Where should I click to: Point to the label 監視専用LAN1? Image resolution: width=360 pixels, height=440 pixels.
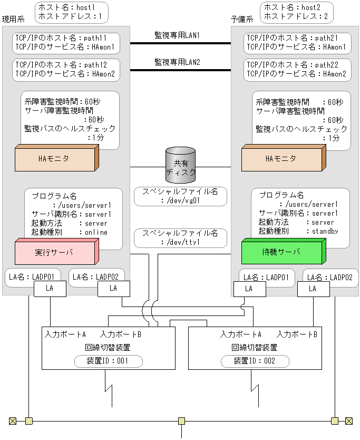point(177,35)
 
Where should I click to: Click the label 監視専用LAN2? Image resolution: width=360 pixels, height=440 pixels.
point(177,62)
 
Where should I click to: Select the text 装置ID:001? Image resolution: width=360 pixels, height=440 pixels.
point(108,361)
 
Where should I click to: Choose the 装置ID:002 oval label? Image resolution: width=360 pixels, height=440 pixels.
point(255,361)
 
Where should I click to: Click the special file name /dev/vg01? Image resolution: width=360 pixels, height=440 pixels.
point(180,200)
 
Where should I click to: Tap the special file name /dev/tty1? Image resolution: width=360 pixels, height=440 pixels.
point(180,242)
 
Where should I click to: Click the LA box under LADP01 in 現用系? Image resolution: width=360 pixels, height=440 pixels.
point(50,288)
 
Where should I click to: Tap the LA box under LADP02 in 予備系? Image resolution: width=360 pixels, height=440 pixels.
point(312,289)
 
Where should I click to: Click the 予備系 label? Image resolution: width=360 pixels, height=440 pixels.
point(242,19)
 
